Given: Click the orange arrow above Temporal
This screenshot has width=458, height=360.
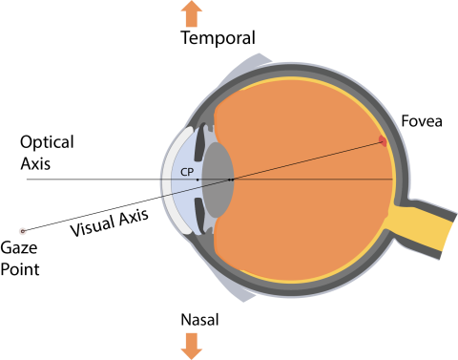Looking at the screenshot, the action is [192, 14].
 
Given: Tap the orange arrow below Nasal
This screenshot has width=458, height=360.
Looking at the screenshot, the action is [192, 347].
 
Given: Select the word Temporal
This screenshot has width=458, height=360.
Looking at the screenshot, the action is [219, 38].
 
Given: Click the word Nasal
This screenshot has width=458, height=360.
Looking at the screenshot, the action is [199, 320].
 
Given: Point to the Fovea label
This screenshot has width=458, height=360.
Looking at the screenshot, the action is [422, 121].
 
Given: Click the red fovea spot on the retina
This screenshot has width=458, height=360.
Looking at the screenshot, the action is [383, 141].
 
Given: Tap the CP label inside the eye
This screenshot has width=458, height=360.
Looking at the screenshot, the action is [187, 172].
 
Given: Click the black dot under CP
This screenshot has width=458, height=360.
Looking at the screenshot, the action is [198, 180].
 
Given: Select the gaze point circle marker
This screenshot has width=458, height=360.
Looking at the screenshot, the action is [22, 231].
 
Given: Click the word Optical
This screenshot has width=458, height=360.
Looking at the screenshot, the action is [47, 142].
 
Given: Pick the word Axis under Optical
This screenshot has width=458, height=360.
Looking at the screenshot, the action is [35, 163].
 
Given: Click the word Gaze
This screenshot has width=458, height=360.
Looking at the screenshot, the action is [19, 247].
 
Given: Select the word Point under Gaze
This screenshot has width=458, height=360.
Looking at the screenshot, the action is [20, 269].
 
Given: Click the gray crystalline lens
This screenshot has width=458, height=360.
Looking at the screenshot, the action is [219, 180].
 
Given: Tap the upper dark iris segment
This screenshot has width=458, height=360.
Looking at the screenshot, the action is [199, 142].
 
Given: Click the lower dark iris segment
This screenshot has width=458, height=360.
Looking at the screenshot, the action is [199, 214].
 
